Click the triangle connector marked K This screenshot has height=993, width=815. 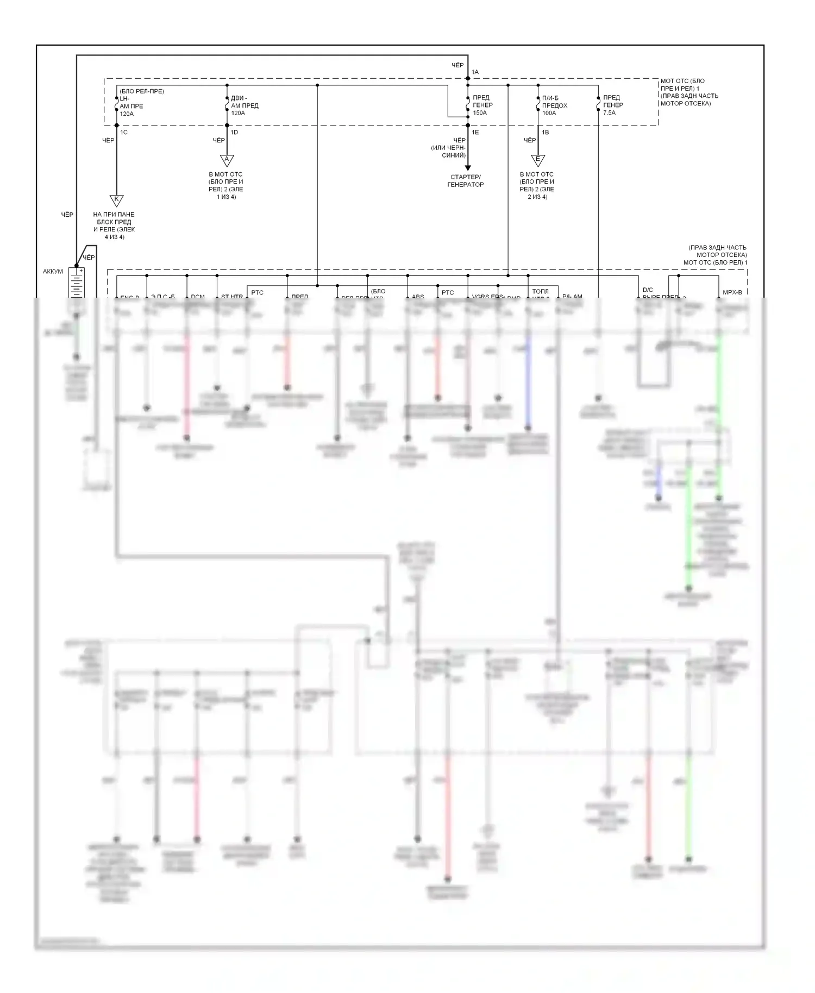(116, 200)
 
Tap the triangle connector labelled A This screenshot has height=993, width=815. (227, 160)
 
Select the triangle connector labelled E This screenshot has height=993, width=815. (537, 160)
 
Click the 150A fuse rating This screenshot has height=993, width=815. (480, 113)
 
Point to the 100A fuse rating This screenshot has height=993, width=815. (549, 113)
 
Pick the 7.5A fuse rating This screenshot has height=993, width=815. (609, 113)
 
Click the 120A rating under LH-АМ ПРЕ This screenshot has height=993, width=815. (127, 114)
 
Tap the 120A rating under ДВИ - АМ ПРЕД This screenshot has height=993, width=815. (238, 114)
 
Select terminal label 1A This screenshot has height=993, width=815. (475, 72)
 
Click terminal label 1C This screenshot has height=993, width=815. (124, 133)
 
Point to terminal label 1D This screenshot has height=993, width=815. (234, 133)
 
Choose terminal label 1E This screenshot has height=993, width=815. (475, 133)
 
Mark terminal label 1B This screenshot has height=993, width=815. (545, 133)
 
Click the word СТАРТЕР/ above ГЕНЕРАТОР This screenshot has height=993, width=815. (466, 177)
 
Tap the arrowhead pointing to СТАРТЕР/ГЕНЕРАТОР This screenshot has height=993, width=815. (467, 168)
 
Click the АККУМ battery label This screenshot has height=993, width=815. (53, 272)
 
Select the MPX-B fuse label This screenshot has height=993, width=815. (732, 293)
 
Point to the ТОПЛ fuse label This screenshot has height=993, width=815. (540, 292)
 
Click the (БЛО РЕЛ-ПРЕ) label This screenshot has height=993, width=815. (142, 91)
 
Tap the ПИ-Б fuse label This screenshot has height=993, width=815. (550, 98)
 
